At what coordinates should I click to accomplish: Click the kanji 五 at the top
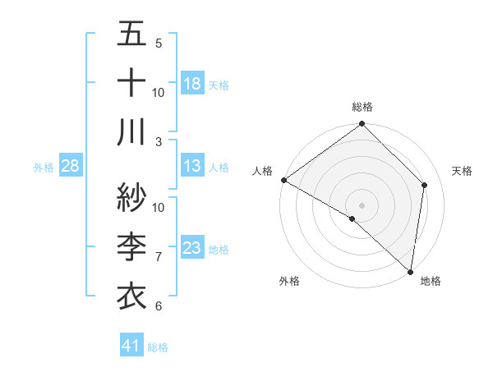pyautogui.click(x=131, y=35)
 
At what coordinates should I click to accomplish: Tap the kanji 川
pyautogui.click(x=131, y=131)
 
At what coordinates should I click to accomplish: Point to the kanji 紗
pyautogui.click(x=131, y=198)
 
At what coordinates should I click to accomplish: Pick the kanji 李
pyautogui.click(x=131, y=246)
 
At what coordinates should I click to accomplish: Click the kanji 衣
pyautogui.click(x=131, y=293)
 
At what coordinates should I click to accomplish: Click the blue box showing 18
pyautogui.click(x=192, y=83)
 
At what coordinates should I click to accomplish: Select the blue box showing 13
pyautogui.click(x=192, y=166)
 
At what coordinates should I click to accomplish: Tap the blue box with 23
pyautogui.click(x=192, y=248)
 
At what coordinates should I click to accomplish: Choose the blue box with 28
pyautogui.click(x=71, y=166)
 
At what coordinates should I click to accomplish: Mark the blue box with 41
pyautogui.click(x=131, y=346)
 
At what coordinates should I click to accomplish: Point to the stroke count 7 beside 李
pyautogui.click(x=159, y=257)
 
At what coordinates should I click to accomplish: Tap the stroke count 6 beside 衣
pyautogui.click(x=159, y=306)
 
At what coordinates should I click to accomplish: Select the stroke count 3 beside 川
pyautogui.click(x=159, y=142)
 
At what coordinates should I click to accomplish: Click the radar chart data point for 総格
pyautogui.click(x=362, y=125)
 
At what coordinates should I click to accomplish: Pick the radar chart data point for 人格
pyautogui.click(x=283, y=180)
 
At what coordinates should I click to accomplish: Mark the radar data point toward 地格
pyautogui.click(x=410, y=270)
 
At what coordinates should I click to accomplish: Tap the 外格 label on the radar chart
pyautogui.click(x=289, y=281)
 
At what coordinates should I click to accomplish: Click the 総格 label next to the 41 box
pyautogui.click(x=159, y=347)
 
